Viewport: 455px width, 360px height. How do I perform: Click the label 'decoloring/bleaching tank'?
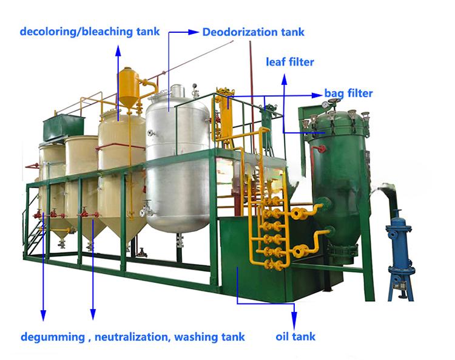point(90,32)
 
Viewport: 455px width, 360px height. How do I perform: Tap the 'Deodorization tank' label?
point(254,32)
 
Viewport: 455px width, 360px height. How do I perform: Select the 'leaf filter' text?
point(290,62)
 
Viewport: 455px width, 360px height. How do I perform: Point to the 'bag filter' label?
point(348,93)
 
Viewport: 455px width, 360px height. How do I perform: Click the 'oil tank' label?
point(295,336)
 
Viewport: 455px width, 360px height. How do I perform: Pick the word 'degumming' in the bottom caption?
point(53,338)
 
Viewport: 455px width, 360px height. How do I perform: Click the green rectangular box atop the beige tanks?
point(64,127)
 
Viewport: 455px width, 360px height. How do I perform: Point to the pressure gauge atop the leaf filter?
point(325,104)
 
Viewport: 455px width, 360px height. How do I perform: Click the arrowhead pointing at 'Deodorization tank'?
point(194,32)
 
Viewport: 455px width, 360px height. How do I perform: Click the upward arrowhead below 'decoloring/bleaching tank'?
point(118,50)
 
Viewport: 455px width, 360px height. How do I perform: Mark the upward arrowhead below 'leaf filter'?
point(285,80)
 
